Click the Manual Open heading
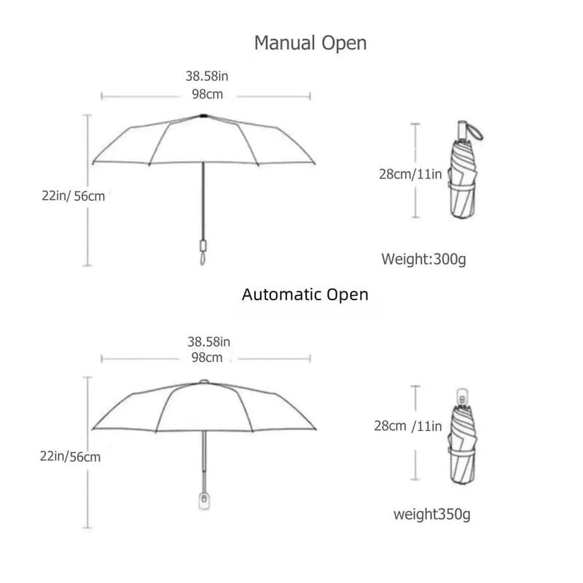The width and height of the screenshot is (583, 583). [x=310, y=44]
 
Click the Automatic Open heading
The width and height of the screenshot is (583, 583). [x=305, y=295]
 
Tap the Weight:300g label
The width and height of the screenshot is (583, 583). [x=423, y=259]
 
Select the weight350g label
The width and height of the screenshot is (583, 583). [x=432, y=514]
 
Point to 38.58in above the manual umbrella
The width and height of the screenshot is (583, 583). [x=207, y=77]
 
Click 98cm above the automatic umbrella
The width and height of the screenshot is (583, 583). [x=207, y=357]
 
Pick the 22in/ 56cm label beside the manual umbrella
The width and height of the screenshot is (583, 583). [x=74, y=196]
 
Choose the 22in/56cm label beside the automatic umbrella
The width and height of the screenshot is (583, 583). [x=70, y=457]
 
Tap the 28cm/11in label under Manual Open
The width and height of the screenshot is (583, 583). [x=410, y=174]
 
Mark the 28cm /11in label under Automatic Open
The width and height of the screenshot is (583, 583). [x=408, y=426]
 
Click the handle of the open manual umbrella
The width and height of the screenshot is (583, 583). [x=203, y=252]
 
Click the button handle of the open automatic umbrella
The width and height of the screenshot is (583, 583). [x=204, y=501]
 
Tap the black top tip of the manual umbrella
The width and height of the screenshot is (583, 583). [x=203, y=116]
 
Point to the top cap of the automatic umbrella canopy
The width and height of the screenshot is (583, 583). [x=204, y=381]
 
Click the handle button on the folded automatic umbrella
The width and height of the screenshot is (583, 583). [x=462, y=399]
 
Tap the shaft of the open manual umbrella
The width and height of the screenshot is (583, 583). [x=203, y=201]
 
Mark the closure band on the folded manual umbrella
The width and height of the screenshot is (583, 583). [x=462, y=187]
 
